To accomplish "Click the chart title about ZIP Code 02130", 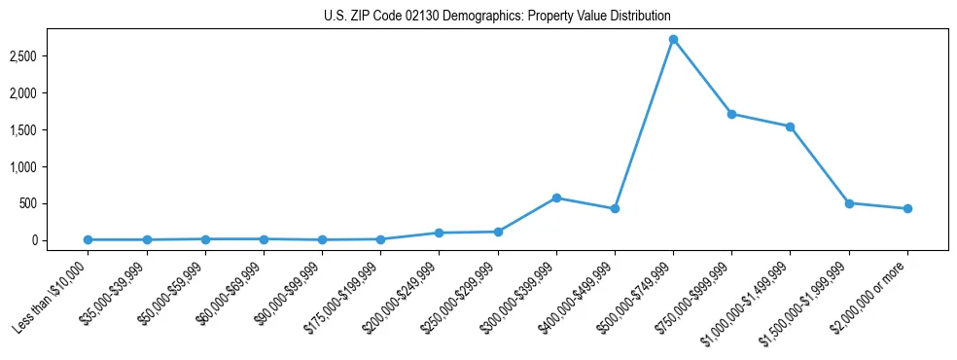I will click(x=497, y=17).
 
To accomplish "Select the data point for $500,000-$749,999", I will click(x=673, y=39).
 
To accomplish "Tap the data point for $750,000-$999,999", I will click(x=731, y=114).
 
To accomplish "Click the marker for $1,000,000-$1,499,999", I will click(x=790, y=126).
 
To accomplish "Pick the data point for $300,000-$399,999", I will click(x=556, y=198).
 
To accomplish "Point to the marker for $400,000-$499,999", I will click(x=615, y=208).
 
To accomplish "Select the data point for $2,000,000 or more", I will click(x=907, y=208).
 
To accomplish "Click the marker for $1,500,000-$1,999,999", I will click(x=849, y=203).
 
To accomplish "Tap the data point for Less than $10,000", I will click(x=88, y=239).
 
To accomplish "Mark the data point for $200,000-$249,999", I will click(x=439, y=233).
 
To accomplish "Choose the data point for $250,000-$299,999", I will click(x=498, y=232).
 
